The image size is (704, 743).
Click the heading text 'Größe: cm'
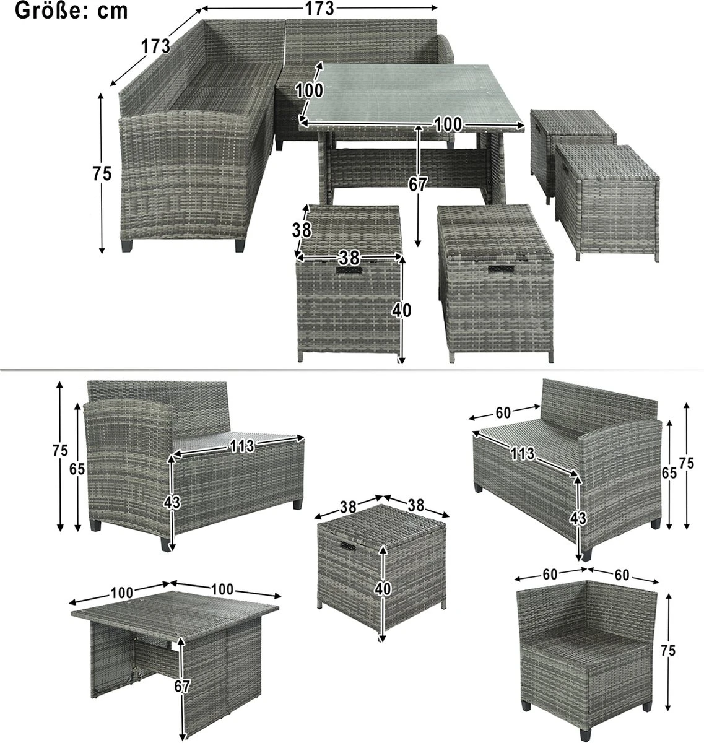(71, 11)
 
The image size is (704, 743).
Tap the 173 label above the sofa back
(320, 8)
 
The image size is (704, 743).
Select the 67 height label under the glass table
(419, 185)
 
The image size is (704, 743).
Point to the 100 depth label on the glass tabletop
(309, 90)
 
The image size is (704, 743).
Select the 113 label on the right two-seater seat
(523, 454)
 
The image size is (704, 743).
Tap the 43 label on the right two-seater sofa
(578, 518)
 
